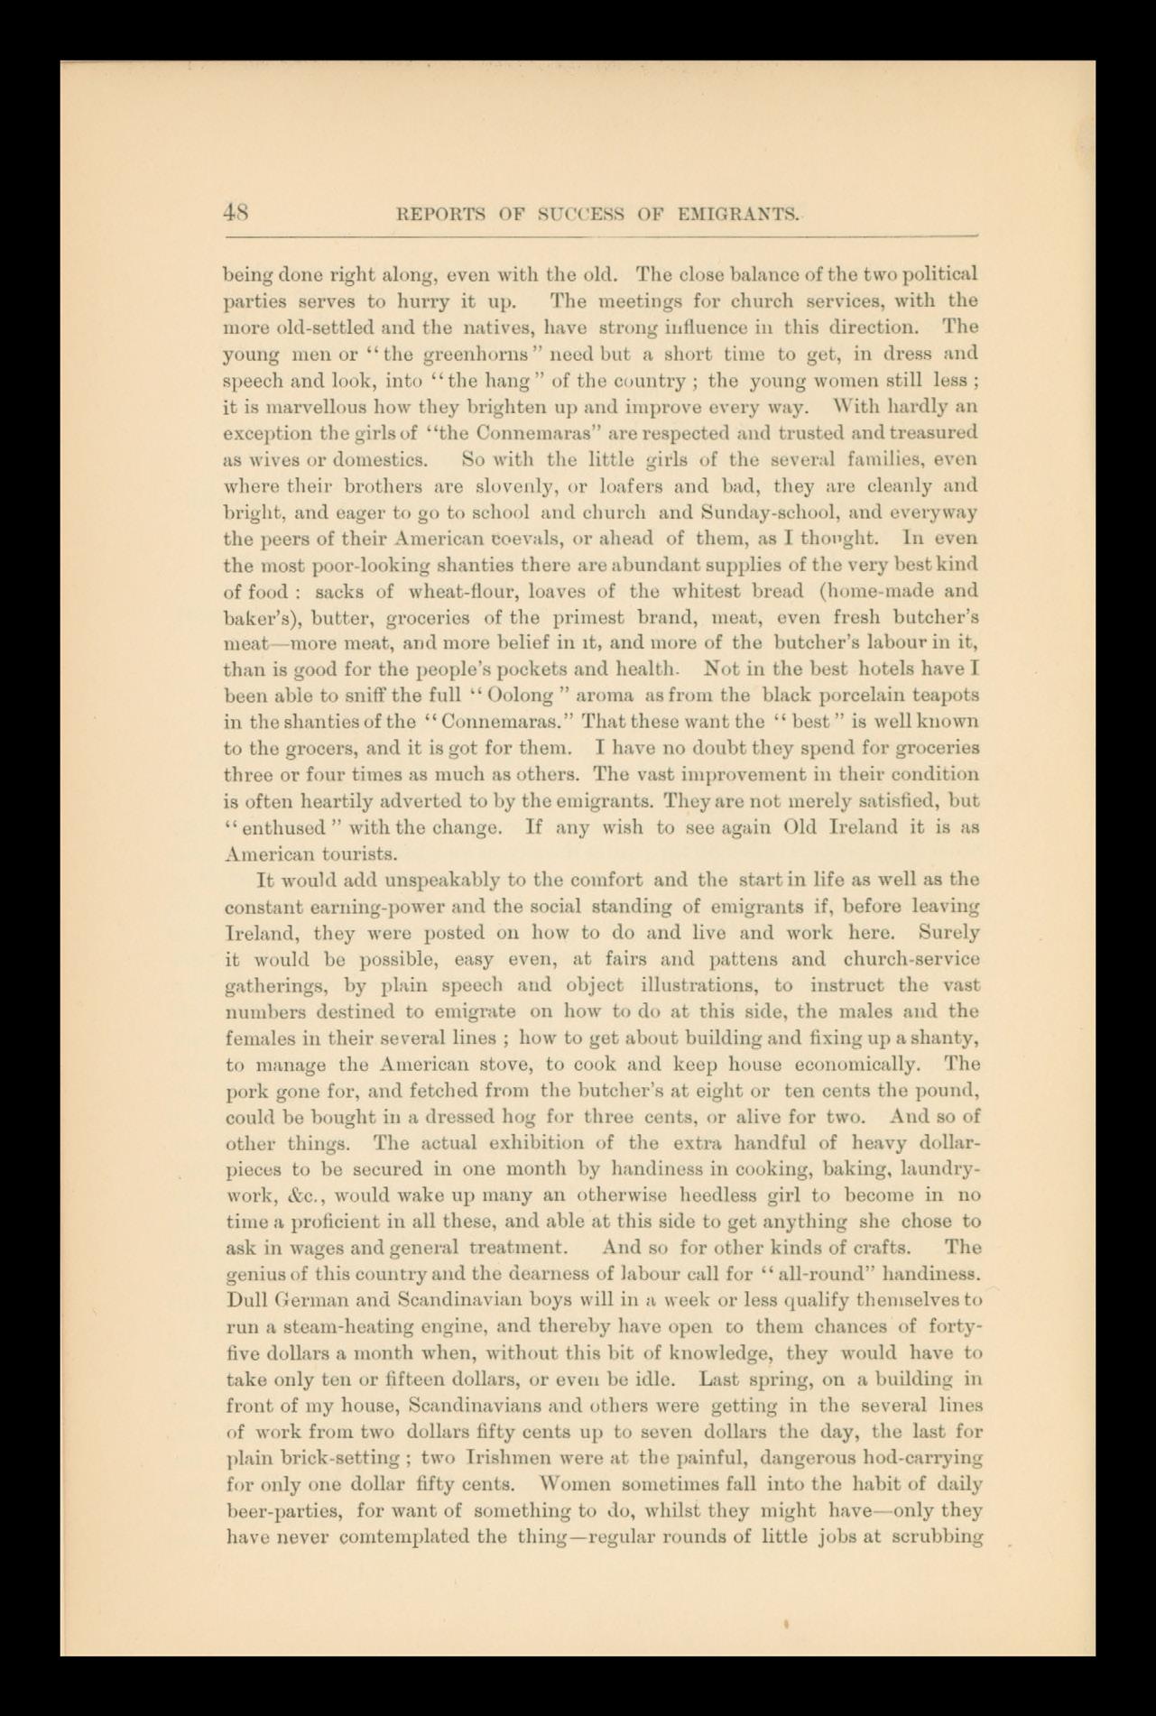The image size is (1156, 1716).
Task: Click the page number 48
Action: pos(236,213)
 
